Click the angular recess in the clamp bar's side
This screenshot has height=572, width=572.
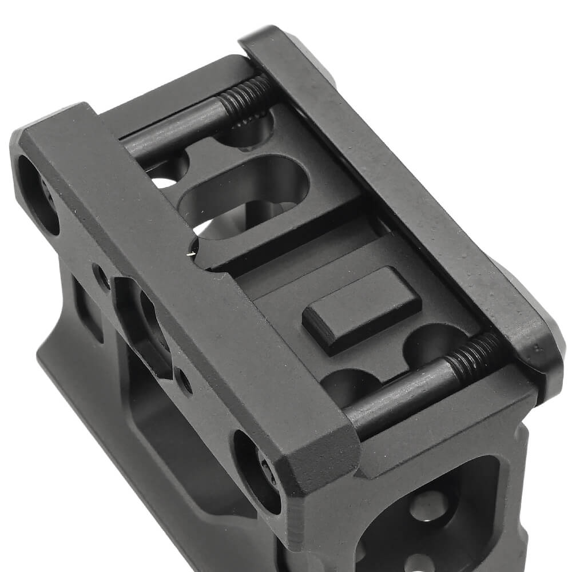tap(146, 326)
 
